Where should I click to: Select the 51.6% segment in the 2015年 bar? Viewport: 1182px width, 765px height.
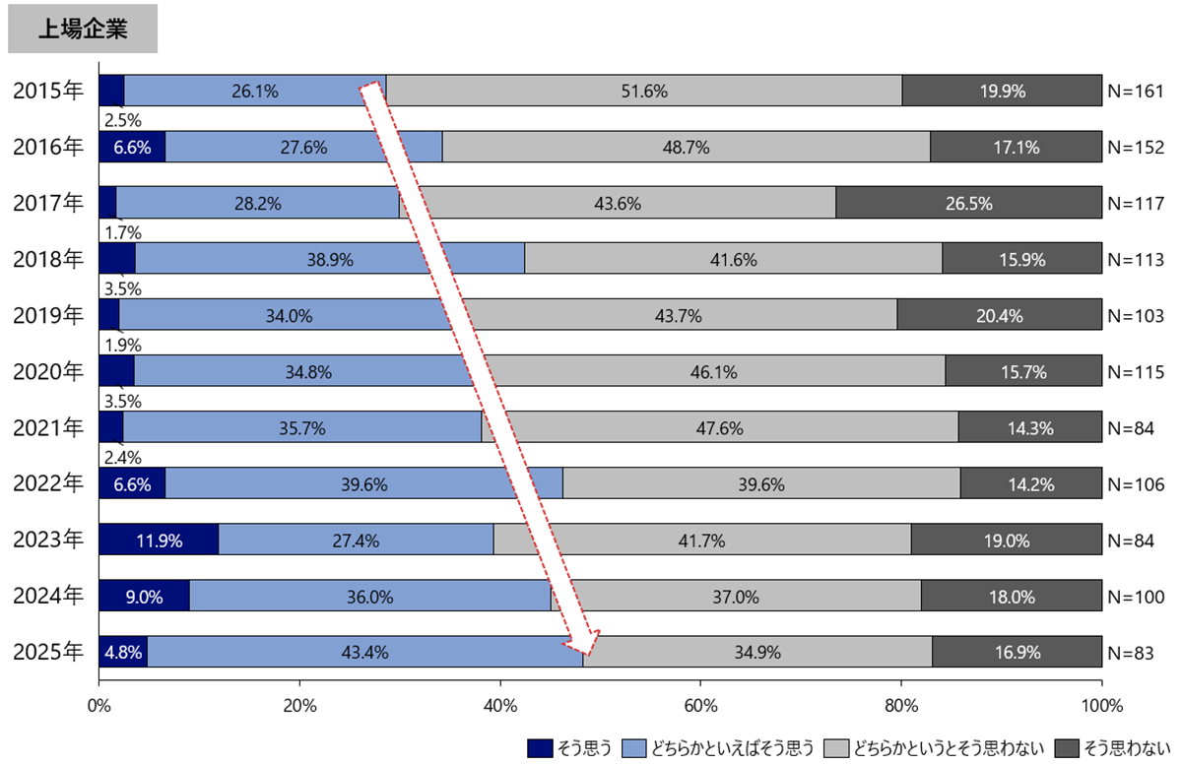[x=644, y=91]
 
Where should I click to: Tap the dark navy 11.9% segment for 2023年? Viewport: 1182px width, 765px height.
[x=159, y=540]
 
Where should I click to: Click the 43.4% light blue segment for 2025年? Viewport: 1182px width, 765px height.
[x=364, y=652]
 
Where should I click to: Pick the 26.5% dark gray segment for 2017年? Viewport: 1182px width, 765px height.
[x=968, y=203]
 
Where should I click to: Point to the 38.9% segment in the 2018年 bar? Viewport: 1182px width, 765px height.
[x=329, y=259]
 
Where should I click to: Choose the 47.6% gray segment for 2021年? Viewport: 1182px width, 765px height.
[x=719, y=427]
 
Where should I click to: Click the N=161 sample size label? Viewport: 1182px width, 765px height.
[x=1136, y=92]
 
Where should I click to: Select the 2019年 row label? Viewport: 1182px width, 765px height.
[x=47, y=316]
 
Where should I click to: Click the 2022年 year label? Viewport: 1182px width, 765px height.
[x=47, y=483]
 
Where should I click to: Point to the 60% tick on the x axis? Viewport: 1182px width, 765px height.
[x=700, y=705]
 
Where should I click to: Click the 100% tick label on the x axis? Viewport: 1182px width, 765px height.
[x=1101, y=705]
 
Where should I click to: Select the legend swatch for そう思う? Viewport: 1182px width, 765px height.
[x=541, y=747]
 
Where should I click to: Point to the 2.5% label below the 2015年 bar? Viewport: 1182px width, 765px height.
[x=123, y=121]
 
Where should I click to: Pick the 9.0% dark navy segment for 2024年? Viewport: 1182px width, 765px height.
[x=144, y=596]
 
